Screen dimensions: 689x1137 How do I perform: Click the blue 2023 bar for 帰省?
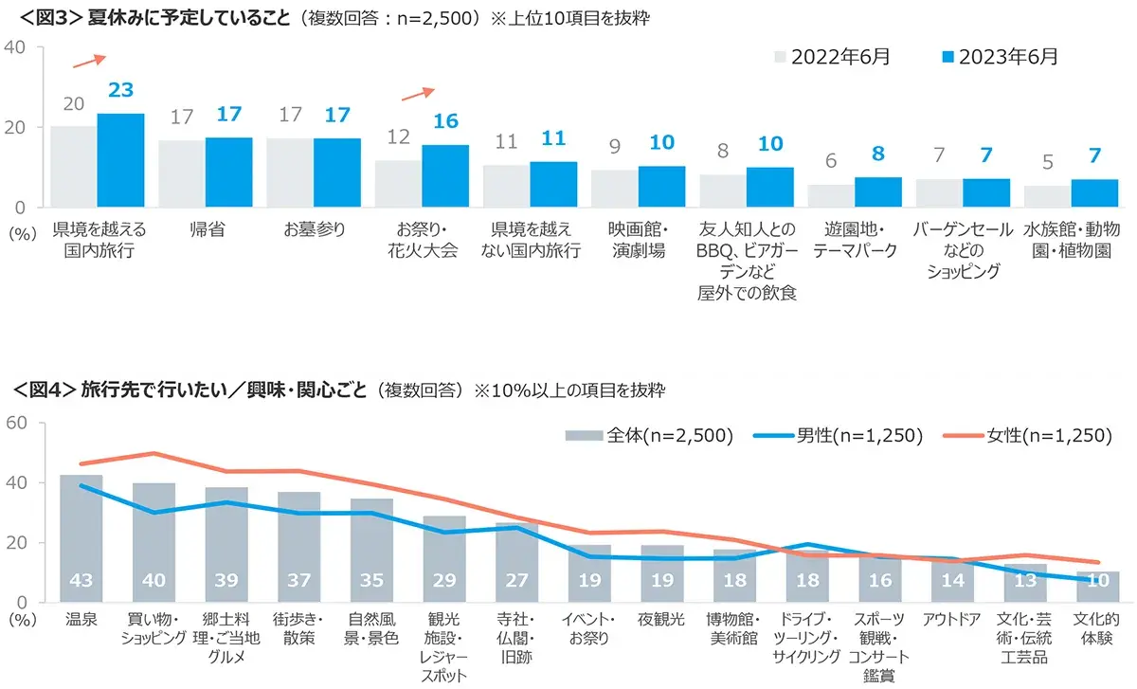tap(229, 172)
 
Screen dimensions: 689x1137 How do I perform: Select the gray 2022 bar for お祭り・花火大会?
tap(398, 184)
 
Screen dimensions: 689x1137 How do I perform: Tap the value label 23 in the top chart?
tap(120, 91)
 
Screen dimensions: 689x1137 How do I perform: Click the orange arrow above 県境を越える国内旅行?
tap(88, 61)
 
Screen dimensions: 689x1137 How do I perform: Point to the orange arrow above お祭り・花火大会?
tap(418, 93)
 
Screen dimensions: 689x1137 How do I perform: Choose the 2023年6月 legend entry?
tap(999, 57)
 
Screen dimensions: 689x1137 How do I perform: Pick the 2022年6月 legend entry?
tap(832, 57)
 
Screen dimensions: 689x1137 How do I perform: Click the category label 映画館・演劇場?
tap(639, 241)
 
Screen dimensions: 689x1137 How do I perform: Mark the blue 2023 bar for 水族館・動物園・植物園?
tap(1094, 193)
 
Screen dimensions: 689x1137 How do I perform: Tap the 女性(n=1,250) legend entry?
tap(1028, 436)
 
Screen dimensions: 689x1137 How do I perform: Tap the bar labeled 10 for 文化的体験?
tap(1097, 587)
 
